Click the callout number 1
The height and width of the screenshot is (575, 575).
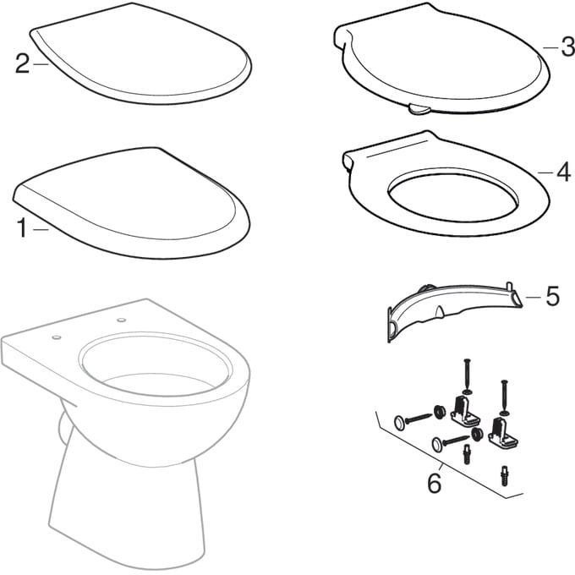[x=22, y=227]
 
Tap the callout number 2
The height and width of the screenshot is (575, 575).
[x=22, y=63]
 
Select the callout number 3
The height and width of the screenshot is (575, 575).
[x=567, y=47]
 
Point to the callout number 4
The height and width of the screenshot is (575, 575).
[x=563, y=172]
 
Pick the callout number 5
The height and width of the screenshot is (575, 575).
[x=553, y=296]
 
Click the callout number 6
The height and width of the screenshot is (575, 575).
[x=435, y=483]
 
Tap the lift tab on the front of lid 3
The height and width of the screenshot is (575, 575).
[x=419, y=109]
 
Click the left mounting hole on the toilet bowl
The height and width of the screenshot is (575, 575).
[x=56, y=337]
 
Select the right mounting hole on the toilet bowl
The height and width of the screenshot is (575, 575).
[x=121, y=320]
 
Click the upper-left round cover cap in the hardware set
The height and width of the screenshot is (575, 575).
[x=401, y=423]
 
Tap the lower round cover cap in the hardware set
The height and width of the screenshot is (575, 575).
[x=438, y=444]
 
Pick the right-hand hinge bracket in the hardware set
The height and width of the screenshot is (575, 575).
[x=503, y=434]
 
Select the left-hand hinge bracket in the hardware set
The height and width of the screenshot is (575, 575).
[x=465, y=413]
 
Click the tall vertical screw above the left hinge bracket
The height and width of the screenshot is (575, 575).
[x=467, y=377]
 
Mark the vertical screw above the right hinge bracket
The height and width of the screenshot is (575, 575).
[x=505, y=398]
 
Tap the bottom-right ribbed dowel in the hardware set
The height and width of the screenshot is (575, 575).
[x=505, y=475]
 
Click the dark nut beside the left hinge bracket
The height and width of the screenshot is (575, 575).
[x=438, y=412]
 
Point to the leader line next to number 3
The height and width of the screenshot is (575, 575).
[x=550, y=47]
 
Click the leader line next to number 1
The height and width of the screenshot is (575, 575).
[x=41, y=229]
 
